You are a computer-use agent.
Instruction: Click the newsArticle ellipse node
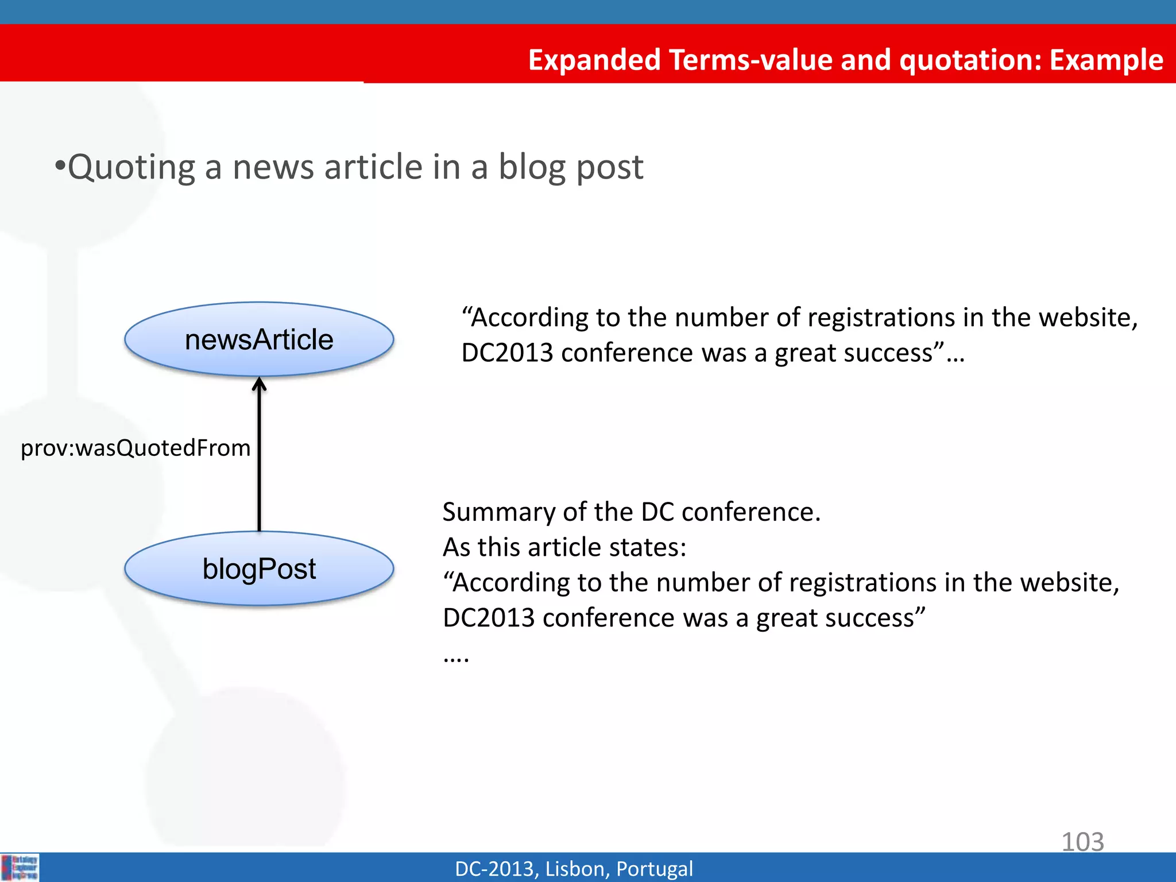pyautogui.click(x=259, y=339)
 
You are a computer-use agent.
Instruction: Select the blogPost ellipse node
pyautogui.click(x=259, y=568)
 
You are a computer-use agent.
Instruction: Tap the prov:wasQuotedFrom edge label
pyautogui.click(x=136, y=448)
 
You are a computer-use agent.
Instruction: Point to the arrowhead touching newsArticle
pyautogui.click(x=260, y=384)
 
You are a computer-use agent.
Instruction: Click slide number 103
pyautogui.click(x=1082, y=842)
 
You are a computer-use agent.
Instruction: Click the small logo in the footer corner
pyautogui.click(x=20, y=867)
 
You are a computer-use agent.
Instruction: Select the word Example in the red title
pyautogui.click(x=1106, y=60)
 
